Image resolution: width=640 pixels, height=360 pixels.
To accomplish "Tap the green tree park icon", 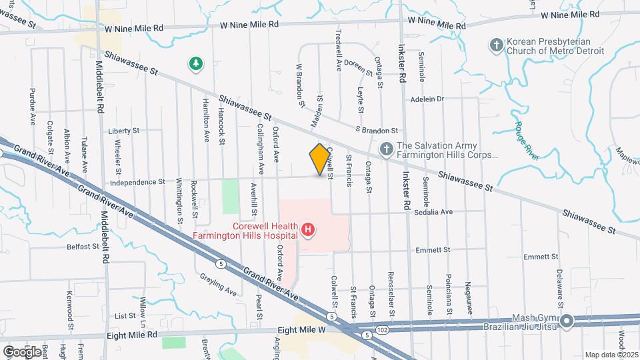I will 197,64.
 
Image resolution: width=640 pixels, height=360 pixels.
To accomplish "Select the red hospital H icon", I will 308,231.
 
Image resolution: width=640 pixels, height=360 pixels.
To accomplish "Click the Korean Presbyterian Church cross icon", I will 495,45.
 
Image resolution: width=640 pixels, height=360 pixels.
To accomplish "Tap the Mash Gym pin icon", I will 567,322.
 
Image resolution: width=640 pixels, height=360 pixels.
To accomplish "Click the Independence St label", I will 137,181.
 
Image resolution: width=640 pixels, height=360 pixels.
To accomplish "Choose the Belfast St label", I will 83,246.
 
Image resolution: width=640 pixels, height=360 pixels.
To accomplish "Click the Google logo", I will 22,351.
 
